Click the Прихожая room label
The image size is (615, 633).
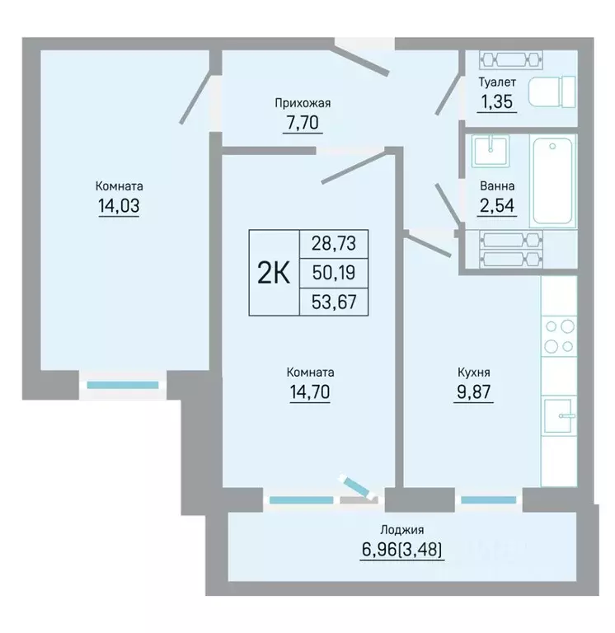click(303, 103)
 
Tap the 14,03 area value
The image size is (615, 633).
click(119, 206)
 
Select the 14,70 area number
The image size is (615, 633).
click(310, 392)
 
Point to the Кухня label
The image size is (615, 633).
click(474, 373)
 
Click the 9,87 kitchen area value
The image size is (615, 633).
click(474, 392)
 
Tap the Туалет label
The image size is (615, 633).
click(497, 82)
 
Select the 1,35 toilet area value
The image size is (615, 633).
click(497, 101)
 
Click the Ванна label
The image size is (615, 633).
click(497, 186)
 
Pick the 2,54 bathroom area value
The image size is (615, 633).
click(497, 205)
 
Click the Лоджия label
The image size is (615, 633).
click(402, 530)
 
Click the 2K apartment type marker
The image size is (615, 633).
click(274, 274)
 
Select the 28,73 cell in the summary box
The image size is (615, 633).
click(334, 244)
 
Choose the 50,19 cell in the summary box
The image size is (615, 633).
click(334, 273)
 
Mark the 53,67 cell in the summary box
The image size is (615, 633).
click(334, 302)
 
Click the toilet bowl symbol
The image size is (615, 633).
click(552, 92)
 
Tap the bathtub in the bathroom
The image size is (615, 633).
click(553, 181)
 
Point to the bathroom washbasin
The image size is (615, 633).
click(491, 151)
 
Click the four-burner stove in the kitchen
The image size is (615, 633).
click(559, 336)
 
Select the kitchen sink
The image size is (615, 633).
click(559, 416)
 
